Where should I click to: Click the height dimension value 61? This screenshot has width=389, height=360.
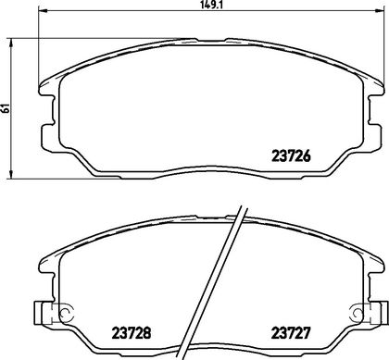pos(6,108)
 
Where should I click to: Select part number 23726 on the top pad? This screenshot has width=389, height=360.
pos(291,156)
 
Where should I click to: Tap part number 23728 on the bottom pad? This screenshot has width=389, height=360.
pos(132,333)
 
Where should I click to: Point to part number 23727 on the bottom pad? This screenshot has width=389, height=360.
pos(290,333)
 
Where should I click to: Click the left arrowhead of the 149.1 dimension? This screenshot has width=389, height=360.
pos(42,11)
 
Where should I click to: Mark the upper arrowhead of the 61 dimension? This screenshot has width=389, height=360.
pos(11,43)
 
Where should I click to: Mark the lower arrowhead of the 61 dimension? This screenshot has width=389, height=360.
pos(11,174)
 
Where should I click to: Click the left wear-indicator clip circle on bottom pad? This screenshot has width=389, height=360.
pos(66,313)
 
